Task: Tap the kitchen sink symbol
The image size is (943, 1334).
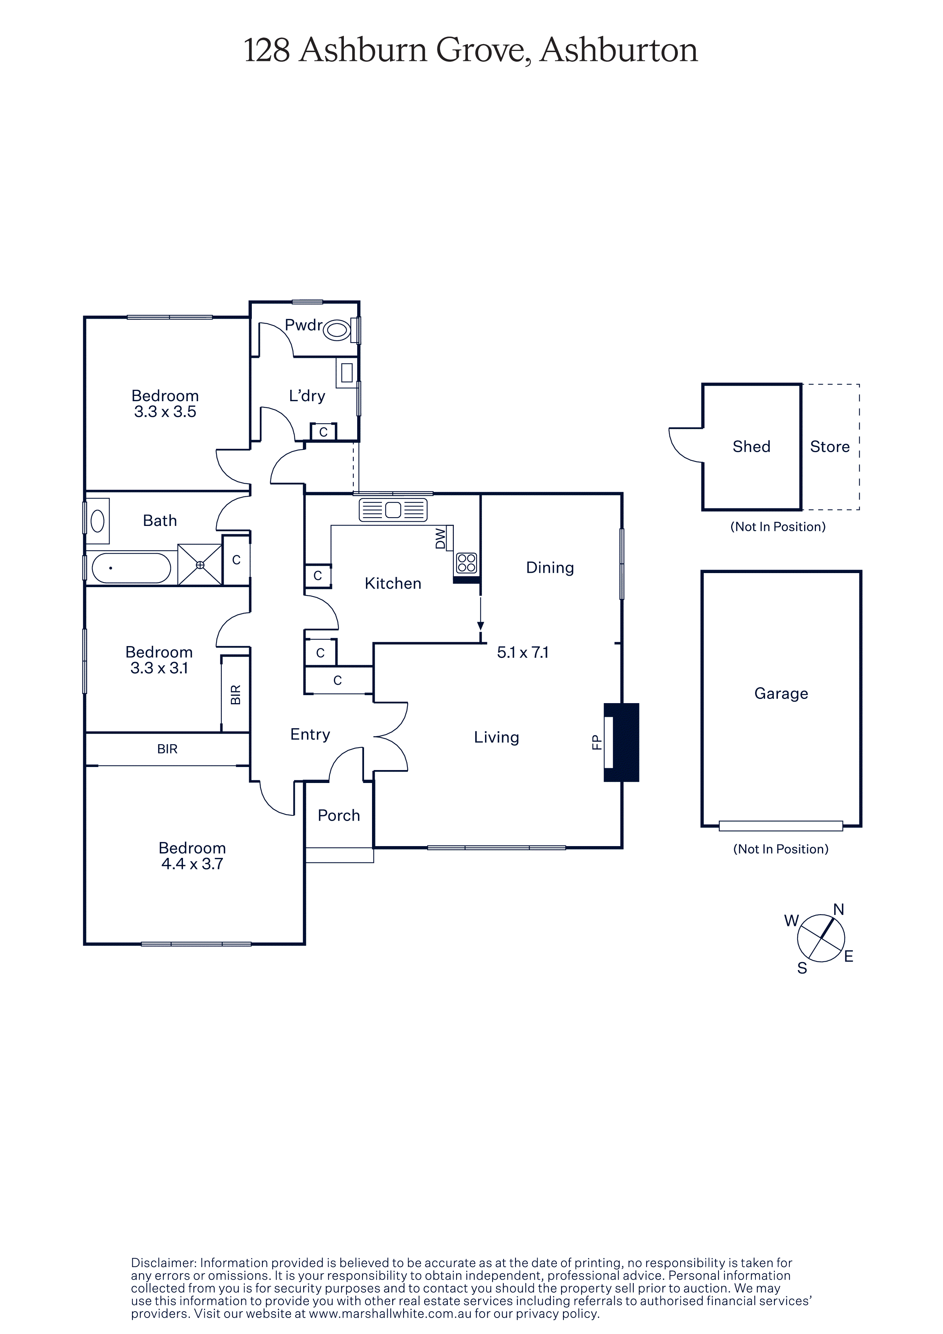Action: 393,510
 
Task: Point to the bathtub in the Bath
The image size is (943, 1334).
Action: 131,568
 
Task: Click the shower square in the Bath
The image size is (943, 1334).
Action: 200,565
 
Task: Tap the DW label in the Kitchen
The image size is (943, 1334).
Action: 440,538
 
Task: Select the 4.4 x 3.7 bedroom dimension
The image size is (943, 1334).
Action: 192,864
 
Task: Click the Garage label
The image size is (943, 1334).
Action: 781,694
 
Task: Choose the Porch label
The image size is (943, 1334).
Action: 339,815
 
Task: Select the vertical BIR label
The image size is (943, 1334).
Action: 235,695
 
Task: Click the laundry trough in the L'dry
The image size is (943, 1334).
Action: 347,372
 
